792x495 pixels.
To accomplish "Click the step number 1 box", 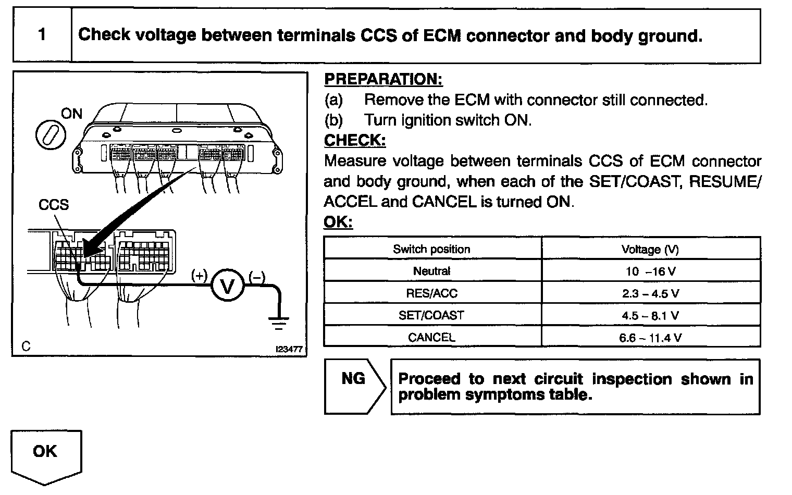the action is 42,35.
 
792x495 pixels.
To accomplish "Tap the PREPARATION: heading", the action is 383,79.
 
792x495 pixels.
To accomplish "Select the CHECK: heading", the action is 355,141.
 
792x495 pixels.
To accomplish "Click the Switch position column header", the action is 431,249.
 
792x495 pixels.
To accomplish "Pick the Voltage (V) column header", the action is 650,249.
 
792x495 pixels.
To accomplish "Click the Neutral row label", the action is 431,271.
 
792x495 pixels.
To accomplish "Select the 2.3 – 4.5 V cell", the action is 650,293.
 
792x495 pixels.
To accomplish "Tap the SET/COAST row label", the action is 431,315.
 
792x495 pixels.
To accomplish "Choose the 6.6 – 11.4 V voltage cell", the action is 650,338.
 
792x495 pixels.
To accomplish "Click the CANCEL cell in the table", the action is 431,338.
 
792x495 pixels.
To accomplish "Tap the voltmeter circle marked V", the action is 227,286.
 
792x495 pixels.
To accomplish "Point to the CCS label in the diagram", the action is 53,205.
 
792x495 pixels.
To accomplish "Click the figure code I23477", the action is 289,350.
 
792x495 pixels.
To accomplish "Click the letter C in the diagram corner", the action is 26,346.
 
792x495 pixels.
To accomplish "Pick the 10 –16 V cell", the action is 650,271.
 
